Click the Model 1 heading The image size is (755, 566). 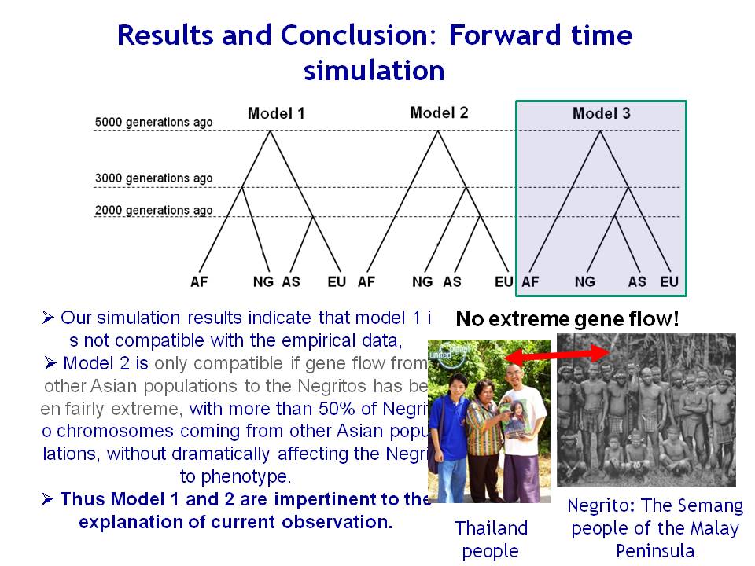[x=276, y=113]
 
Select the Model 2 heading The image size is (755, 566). [x=439, y=112]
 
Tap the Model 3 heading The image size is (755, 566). [x=602, y=113]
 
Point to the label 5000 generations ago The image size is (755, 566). [x=153, y=123]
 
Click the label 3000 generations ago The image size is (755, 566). [x=153, y=178]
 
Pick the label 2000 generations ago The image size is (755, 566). [x=153, y=211]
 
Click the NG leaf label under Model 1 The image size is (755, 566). [x=263, y=281]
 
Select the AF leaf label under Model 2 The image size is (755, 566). [x=366, y=281]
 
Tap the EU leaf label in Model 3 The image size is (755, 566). [x=669, y=281]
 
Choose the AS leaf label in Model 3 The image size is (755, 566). [x=637, y=281]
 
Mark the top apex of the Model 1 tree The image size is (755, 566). [x=270, y=131]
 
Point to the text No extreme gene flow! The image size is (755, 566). [x=567, y=318]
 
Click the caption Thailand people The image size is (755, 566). [x=491, y=539]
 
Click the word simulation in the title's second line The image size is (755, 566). [x=374, y=71]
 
